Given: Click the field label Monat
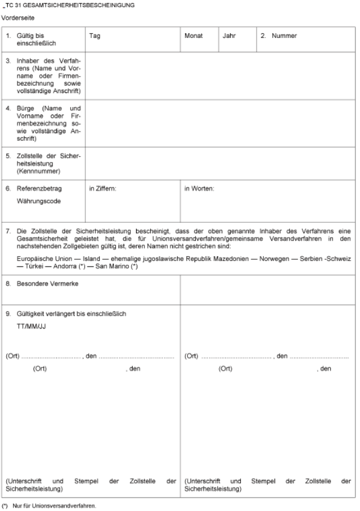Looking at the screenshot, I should pos(193,36).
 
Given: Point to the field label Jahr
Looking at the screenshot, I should pos(229,36).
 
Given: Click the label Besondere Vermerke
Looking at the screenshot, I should pos(49,284).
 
